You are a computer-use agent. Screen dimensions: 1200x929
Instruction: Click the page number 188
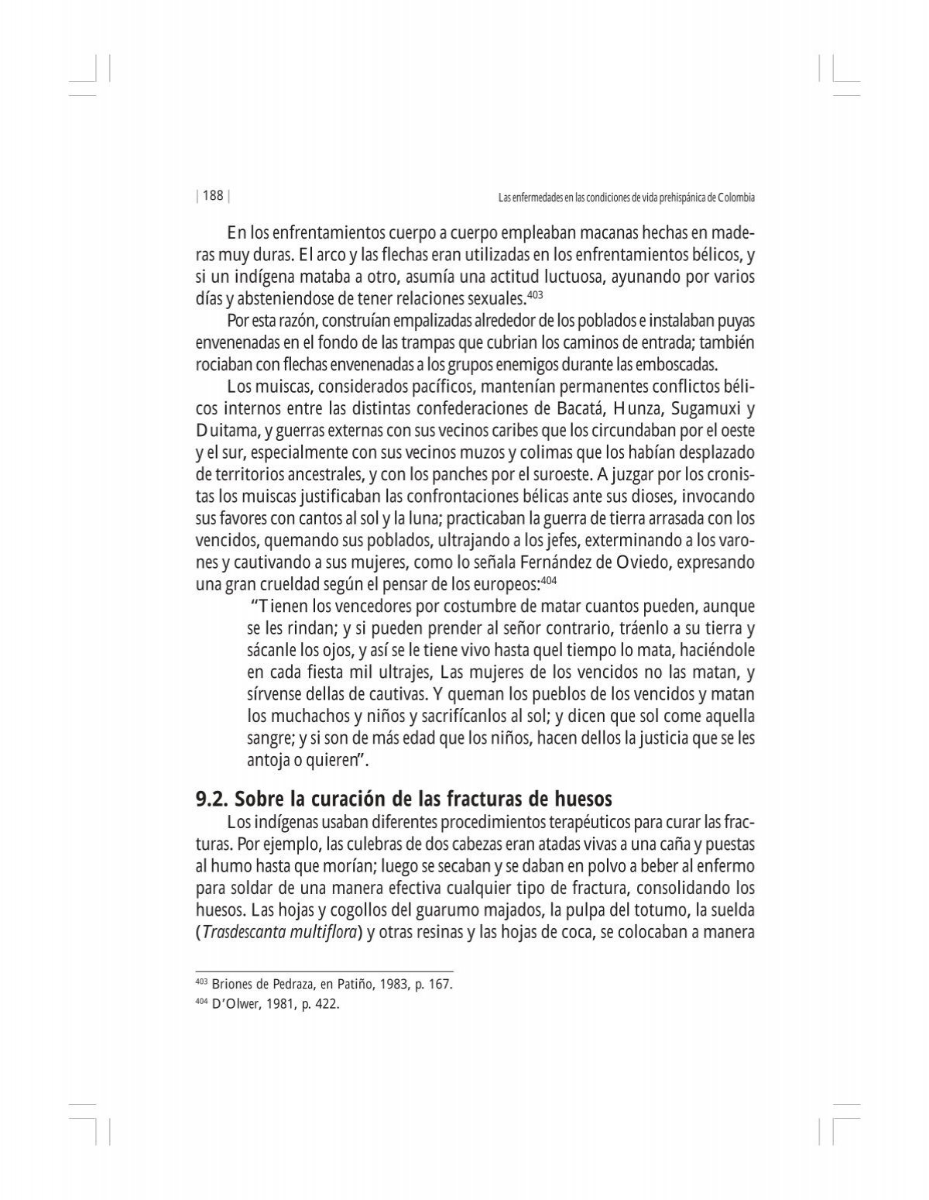(212, 196)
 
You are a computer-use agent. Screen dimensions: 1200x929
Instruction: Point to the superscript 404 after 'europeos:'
(548, 579)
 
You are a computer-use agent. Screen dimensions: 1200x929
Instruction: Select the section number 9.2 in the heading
(211, 798)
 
